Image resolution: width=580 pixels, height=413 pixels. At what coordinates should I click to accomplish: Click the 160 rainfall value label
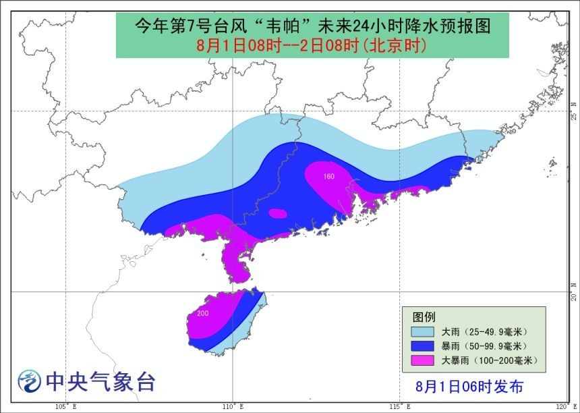tap(328, 177)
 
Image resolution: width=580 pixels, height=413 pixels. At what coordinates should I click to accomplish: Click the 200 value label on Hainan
tap(203, 314)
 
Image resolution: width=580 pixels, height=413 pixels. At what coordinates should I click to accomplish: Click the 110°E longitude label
tap(233, 406)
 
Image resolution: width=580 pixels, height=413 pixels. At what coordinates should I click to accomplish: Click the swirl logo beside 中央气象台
tap(29, 382)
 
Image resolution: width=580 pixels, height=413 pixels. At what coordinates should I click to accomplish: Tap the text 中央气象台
tap(100, 382)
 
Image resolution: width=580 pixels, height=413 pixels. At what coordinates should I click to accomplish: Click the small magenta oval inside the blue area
tap(277, 213)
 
